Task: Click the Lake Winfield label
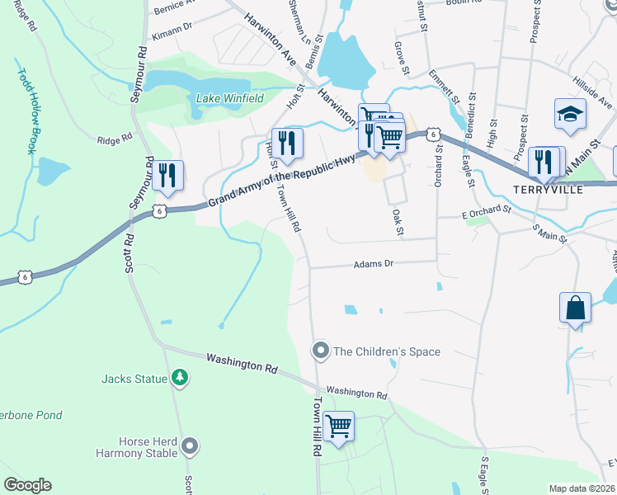pos(229,98)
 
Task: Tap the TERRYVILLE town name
pos(549,189)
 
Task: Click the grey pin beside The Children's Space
pos(321,351)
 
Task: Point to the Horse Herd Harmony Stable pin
pos(191,447)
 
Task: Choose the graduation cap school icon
pos(570,115)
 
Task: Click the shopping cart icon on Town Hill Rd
pos(338,427)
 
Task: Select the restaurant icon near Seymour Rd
pos(167,174)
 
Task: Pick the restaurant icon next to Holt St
pos(287,143)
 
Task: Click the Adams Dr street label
pos(374,265)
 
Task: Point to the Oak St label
pos(398,223)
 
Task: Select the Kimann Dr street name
pos(172,38)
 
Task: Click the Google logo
pos(27,485)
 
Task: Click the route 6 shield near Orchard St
pos(431,134)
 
